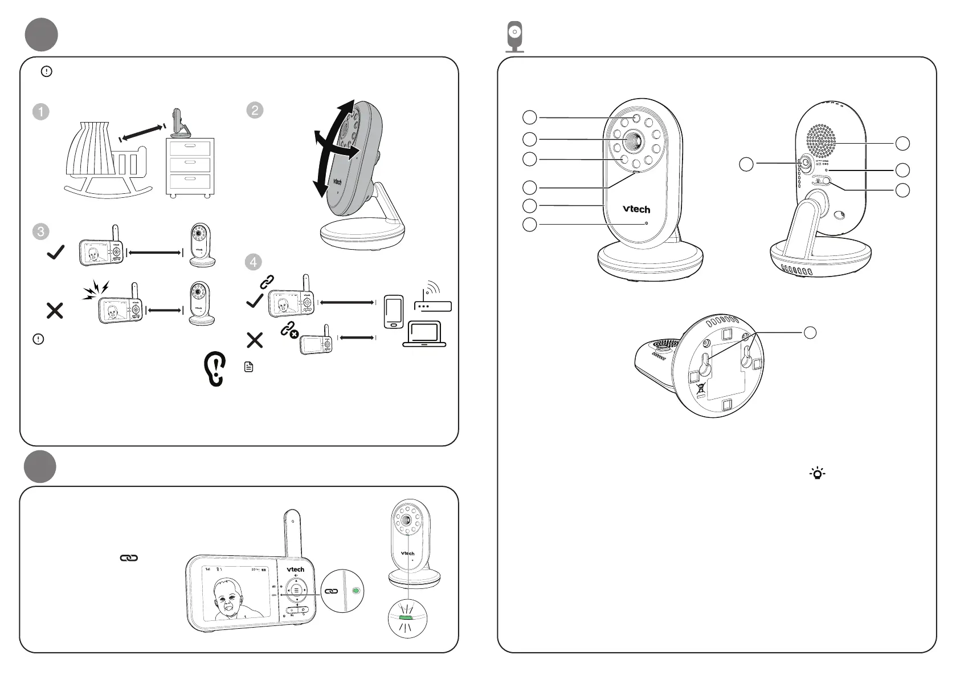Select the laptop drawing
coord(424,334)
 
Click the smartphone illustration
coord(394,311)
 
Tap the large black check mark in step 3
coord(55,251)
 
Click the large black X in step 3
coord(55,311)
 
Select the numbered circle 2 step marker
coord(255,110)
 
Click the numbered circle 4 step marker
coord(253,262)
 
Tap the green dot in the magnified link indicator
coord(356,591)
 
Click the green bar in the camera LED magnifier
coord(407,617)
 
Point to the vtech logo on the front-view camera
coord(636,209)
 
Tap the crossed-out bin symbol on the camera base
coord(700,389)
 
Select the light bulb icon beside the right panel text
coord(818,473)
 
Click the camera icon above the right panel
coord(515,36)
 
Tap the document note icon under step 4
coord(248,367)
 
